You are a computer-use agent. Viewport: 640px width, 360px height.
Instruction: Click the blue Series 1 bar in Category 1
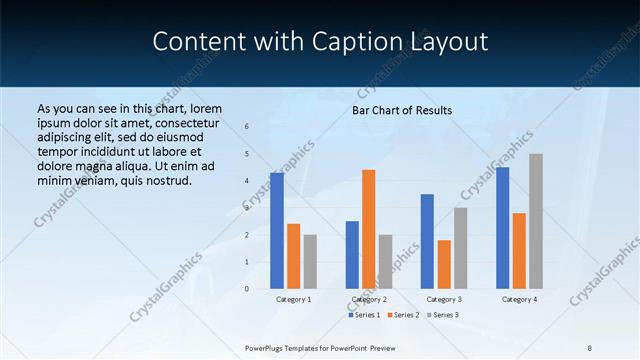coord(277,231)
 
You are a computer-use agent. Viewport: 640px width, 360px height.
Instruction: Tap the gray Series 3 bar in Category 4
coord(536,221)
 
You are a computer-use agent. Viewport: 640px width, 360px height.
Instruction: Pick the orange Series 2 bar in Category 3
coord(444,264)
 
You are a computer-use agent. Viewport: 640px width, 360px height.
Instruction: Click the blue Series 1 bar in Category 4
coord(502,228)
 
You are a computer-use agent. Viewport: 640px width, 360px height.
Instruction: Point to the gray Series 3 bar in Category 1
coord(310,262)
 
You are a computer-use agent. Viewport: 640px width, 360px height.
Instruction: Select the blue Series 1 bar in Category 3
coord(427,241)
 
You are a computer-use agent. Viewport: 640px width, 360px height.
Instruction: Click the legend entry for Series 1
coord(364,315)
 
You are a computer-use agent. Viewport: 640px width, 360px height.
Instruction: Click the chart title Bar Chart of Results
coord(402,110)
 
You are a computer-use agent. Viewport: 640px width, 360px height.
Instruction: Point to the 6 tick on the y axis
coord(246,127)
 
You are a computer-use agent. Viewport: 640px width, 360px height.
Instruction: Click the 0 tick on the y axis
coord(246,289)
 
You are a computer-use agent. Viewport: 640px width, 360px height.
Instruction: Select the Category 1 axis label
coord(293,299)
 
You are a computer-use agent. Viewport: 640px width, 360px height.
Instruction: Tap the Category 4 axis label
coord(519,299)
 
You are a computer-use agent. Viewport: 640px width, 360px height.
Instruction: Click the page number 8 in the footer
coord(590,347)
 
